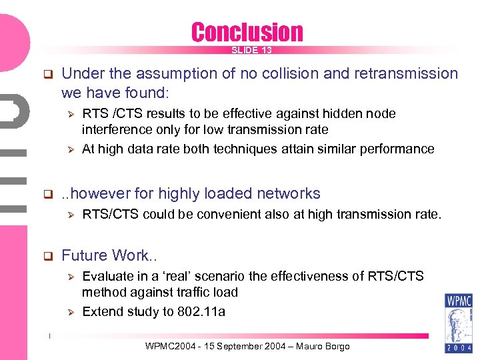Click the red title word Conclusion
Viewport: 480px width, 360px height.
pos(247,32)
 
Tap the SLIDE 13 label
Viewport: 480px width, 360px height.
pos(251,51)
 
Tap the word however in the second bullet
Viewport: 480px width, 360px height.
pos(100,193)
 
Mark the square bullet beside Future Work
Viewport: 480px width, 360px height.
pos(47,256)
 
